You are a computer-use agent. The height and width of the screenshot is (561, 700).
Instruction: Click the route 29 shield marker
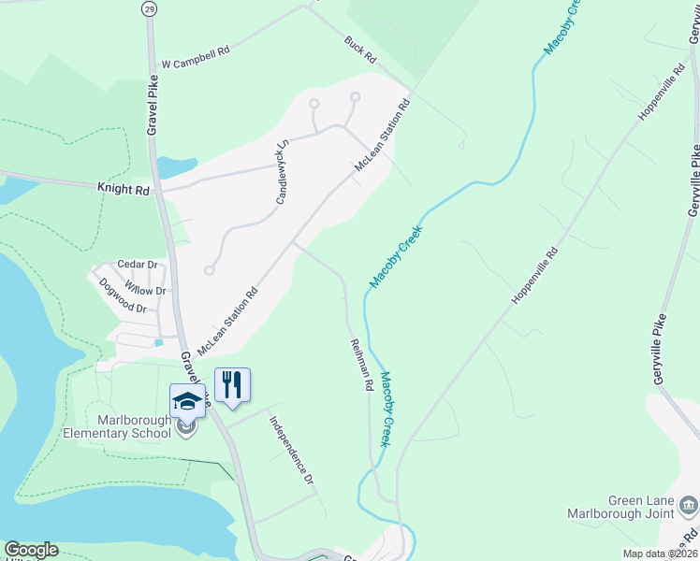pyautogui.click(x=150, y=8)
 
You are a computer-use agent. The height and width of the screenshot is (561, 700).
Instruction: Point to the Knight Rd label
pyautogui.click(x=124, y=189)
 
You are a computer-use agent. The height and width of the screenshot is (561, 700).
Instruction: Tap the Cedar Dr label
pyautogui.click(x=135, y=266)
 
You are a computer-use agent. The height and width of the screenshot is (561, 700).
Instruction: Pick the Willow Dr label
pyautogui.click(x=145, y=291)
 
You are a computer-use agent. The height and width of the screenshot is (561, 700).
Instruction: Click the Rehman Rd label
pyautogui.click(x=361, y=365)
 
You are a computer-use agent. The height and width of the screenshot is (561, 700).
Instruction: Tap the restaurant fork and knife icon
pyautogui.click(x=232, y=384)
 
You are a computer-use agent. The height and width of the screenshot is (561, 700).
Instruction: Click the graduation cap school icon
pyautogui.click(x=187, y=400)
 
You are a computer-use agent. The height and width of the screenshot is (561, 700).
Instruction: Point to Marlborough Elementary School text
pyautogui.click(x=117, y=426)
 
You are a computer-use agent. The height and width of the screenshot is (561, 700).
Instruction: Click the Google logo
pyautogui.click(x=31, y=550)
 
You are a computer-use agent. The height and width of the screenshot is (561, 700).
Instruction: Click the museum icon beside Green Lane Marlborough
pyautogui.click(x=689, y=506)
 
